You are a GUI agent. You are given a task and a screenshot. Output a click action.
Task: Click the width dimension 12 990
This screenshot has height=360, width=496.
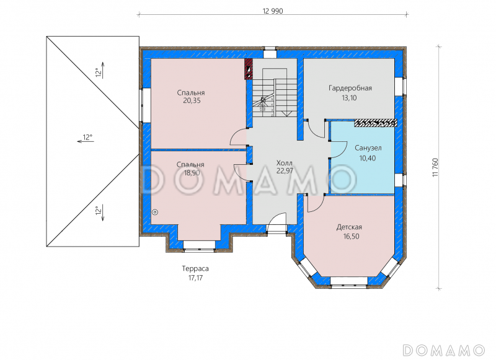[x=273, y=11]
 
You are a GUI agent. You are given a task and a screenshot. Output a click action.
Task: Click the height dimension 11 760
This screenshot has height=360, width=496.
[x=435, y=167]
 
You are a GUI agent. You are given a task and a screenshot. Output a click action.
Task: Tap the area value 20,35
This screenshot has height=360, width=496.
[x=192, y=101]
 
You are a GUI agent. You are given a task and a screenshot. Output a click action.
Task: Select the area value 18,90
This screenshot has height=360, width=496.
[x=192, y=173]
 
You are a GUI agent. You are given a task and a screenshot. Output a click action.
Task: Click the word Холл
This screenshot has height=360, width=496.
[x=285, y=163]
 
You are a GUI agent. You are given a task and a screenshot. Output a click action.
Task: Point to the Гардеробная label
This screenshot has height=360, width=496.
[x=350, y=88]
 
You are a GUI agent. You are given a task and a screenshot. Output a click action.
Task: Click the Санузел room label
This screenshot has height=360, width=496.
[x=368, y=148]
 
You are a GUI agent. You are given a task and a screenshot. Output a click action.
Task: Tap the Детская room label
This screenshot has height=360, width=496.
[x=349, y=227]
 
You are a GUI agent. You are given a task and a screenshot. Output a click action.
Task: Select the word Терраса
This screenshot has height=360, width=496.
[x=195, y=269]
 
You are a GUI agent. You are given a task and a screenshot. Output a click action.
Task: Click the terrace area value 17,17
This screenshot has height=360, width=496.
[x=195, y=278]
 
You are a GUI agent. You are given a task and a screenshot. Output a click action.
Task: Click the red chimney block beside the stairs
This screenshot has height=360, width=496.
[x=249, y=69]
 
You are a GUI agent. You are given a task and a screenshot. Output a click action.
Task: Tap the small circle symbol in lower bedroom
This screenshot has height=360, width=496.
[x=155, y=213]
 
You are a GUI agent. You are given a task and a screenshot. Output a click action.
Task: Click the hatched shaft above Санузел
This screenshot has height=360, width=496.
[x=376, y=123]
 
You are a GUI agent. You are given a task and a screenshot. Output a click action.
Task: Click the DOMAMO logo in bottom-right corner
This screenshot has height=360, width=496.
[x=444, y=350]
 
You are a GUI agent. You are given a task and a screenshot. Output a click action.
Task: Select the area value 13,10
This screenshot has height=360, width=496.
[x=349, y=98]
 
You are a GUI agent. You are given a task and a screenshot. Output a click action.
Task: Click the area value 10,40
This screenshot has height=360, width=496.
[x=368, y=158]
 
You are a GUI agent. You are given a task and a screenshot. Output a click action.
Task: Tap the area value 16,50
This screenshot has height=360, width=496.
[x=351, y=237]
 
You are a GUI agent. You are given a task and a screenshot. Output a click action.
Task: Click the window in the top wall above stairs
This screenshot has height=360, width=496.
[x=270, y=53]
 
